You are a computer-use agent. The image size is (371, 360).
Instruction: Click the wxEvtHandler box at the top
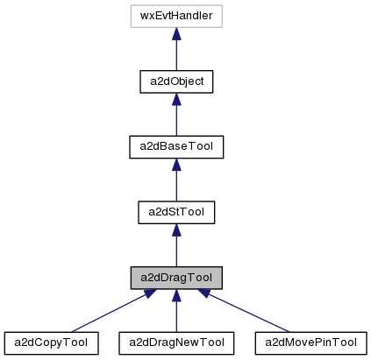176,16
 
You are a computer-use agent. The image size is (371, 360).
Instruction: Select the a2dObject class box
176,81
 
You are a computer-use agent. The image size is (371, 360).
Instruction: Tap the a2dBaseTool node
176,146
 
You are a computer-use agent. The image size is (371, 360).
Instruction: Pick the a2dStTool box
176,212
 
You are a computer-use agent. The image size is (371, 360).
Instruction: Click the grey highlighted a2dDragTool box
176,278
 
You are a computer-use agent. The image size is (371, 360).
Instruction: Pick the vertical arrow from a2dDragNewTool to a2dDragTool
176,314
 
